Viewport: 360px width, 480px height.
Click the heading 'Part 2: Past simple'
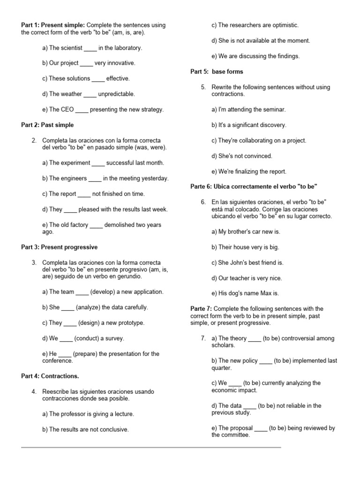47,125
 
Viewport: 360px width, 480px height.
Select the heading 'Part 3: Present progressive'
60,247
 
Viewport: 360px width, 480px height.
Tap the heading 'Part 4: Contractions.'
50,376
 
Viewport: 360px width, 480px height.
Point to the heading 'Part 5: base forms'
217,72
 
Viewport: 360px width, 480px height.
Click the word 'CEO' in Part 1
67,110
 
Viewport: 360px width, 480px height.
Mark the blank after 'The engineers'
95,179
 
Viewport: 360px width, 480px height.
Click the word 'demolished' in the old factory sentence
120,225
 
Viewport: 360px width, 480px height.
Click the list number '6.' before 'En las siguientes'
203,202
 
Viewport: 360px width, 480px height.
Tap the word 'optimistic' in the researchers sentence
283,25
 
